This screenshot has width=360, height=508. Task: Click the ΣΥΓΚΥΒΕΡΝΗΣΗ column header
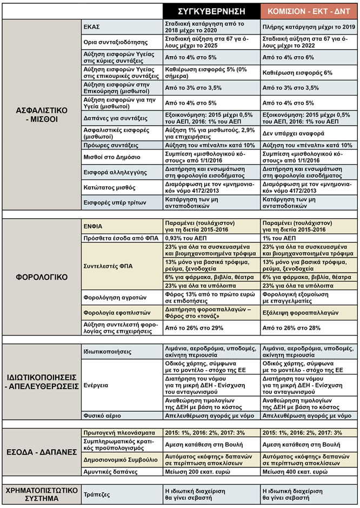click(x=211, y=11)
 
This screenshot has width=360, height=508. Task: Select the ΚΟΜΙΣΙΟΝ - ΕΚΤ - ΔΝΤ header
click(x=308, y=11)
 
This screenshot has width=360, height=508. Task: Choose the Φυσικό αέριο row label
click(x=103, y=416)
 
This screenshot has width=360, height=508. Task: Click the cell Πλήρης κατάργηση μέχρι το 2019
click(x=308, y=26)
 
